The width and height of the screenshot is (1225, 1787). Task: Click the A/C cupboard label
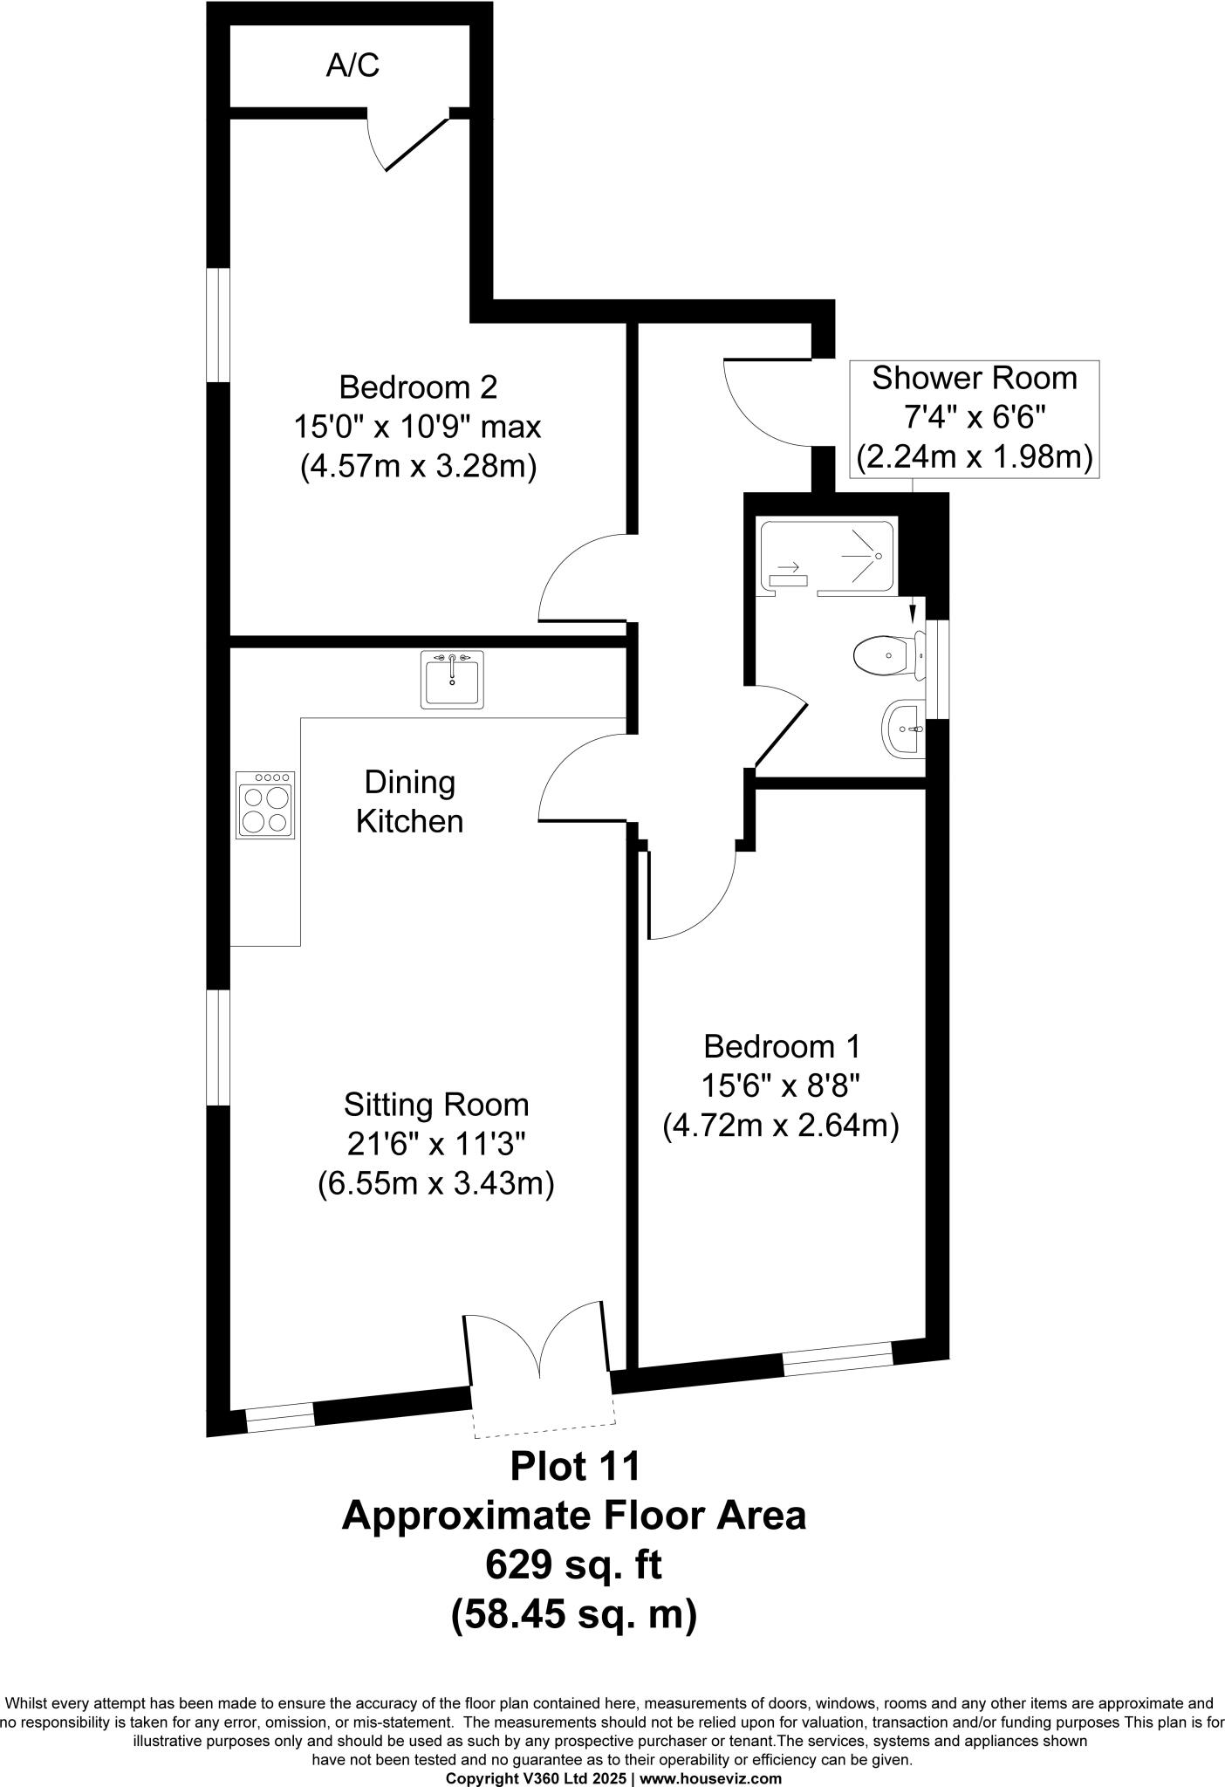pyautogui.click(x=352, y=65)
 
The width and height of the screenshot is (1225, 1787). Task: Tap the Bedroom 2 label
pyautogui.click(x=418, y=387)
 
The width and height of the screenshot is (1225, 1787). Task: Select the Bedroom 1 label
pyautogui.click(x=782, y=1045)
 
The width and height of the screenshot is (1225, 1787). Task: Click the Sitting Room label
pyautogui.click(x=436, y=1105)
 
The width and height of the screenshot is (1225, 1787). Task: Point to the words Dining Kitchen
pyautogui.click(x=409, y=802)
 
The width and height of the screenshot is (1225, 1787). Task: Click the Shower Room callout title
pyautogui.click(x=974, y=379)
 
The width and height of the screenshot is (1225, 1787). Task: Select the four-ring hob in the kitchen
pyautogui.click(x=265, y=805)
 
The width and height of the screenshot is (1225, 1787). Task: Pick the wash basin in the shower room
pyautogui.click(x=902, y=727)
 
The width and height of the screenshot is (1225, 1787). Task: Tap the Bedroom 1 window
pyautogui.click(x=838, y=1361)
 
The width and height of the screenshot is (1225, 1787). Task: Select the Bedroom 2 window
pyautogui.click(x=217, y=325)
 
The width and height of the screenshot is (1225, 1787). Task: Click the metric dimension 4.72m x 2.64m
pyautogui.click(x=781, y=1126)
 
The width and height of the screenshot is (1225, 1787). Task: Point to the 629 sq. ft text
pyautogui.click(x=573, y=1565)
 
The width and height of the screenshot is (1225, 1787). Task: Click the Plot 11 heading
pyautogui.click(x=575, y=1466)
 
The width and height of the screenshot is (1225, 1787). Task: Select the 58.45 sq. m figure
pyautogui.click(x=573, y=1615)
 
